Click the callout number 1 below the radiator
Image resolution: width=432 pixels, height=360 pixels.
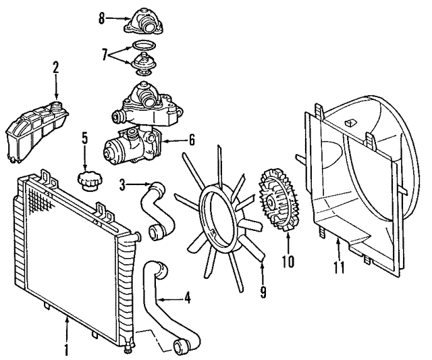(66, 351)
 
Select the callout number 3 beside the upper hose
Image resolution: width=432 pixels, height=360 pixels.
(123, 183)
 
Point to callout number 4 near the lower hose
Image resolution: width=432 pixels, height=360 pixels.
(188, 297)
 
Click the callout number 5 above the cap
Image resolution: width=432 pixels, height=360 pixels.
(85, 140)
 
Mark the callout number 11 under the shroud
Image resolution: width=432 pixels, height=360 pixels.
(338, 266)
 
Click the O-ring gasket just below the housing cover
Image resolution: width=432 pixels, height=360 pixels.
(141, 45)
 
